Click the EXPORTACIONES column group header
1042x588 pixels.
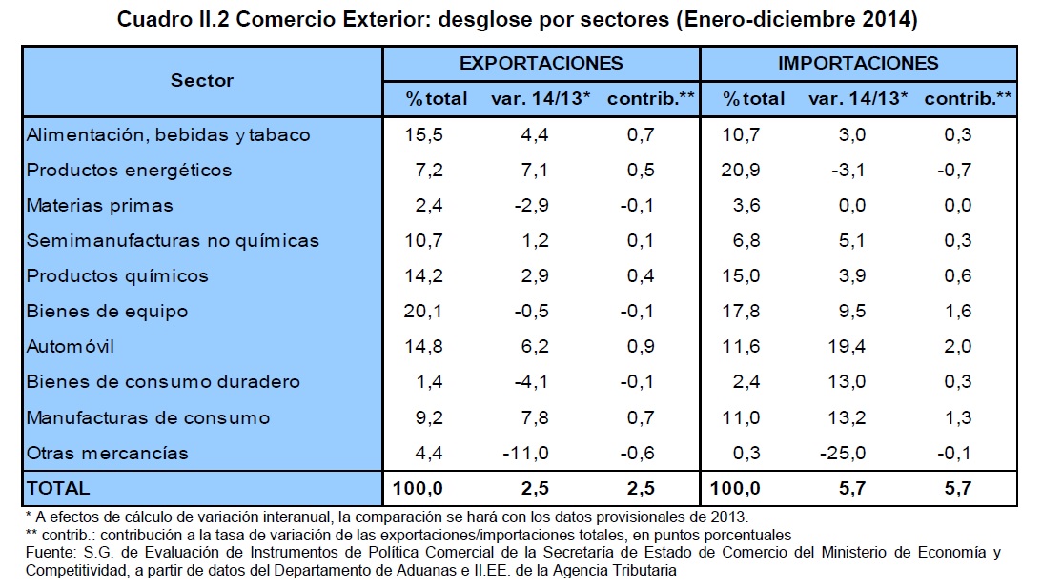[541, 63]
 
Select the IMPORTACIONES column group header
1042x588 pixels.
[858, 63]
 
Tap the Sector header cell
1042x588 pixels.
[202, 80]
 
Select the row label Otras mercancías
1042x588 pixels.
[108, 452]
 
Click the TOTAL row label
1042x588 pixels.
[58, 488]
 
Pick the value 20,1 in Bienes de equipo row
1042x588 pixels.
[424, 311]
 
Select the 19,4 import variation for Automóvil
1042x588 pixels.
[848, 346]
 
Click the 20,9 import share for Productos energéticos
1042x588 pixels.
[741, 170]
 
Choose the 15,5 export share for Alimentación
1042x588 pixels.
[424, 134]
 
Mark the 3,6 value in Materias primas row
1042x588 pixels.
[745, 205]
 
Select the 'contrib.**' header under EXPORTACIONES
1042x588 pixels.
[650, 98]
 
